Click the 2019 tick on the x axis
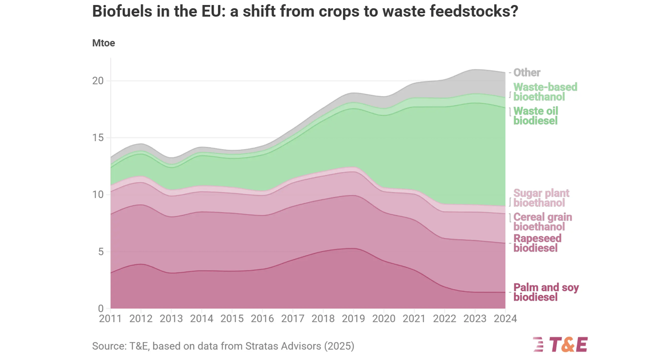353,319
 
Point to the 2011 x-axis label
110,319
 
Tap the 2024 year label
505,319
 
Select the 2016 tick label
262,319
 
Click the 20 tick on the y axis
98,81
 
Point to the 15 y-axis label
98,138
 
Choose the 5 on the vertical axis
101,252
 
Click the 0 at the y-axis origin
101,309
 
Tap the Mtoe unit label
104,43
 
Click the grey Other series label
526,73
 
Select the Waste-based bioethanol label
545,92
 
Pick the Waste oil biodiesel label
535,116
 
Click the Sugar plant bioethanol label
541,198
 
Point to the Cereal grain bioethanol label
542,222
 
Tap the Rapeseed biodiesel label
537,243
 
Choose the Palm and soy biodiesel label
546,292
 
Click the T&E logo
560,345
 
